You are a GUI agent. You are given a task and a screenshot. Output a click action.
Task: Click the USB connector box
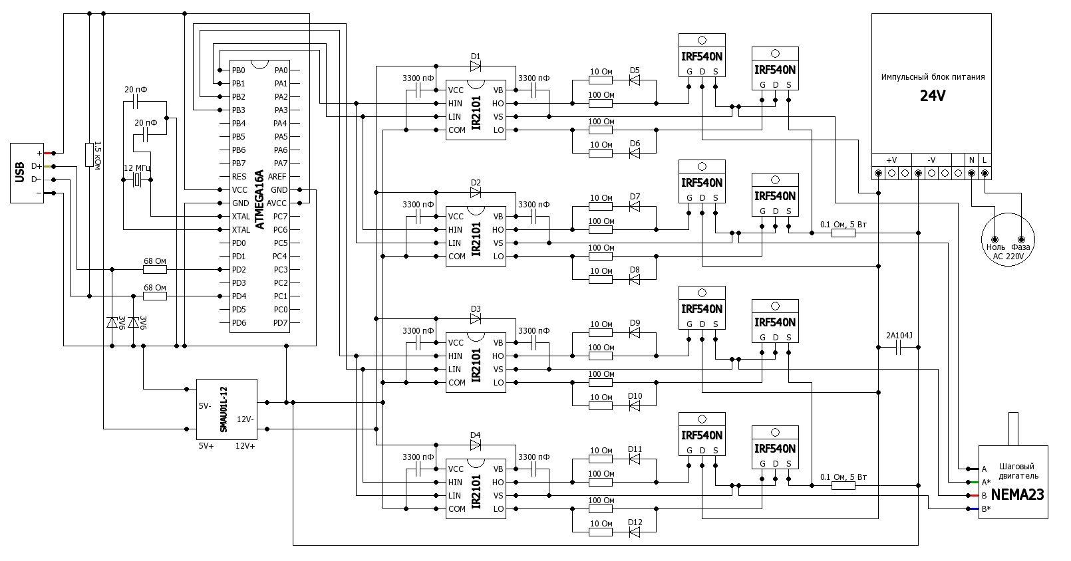[x=27, y=173]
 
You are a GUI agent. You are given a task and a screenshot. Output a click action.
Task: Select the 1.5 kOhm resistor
[x=89, y=154]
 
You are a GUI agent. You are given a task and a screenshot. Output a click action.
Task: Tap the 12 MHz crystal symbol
[x=137, y=181]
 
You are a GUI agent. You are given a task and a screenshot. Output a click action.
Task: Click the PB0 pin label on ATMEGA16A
[x=238, y=70]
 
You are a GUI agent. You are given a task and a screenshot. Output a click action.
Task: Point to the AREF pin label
[x=277, y=177]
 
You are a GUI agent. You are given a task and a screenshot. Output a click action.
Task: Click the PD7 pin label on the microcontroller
[x=280, y=323]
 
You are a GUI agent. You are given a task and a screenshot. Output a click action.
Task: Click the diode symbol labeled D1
[x=475, y=66]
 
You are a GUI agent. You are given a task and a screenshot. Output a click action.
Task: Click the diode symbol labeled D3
[x=475, y=318]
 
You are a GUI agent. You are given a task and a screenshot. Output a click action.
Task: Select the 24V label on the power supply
[x=933, y=96]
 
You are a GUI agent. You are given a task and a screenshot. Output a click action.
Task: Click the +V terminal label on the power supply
[x=891, y=160]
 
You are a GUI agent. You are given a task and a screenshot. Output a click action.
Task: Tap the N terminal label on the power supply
[x=972, y=160]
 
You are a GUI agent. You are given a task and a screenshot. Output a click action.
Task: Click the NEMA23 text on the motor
[x=1017, y=495]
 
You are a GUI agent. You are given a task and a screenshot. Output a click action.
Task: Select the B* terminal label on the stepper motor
[x=986, y=509]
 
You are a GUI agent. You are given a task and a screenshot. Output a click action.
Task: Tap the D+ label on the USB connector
[x=36, y=166]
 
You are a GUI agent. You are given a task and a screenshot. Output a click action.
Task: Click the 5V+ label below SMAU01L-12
[x=206, y=446]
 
